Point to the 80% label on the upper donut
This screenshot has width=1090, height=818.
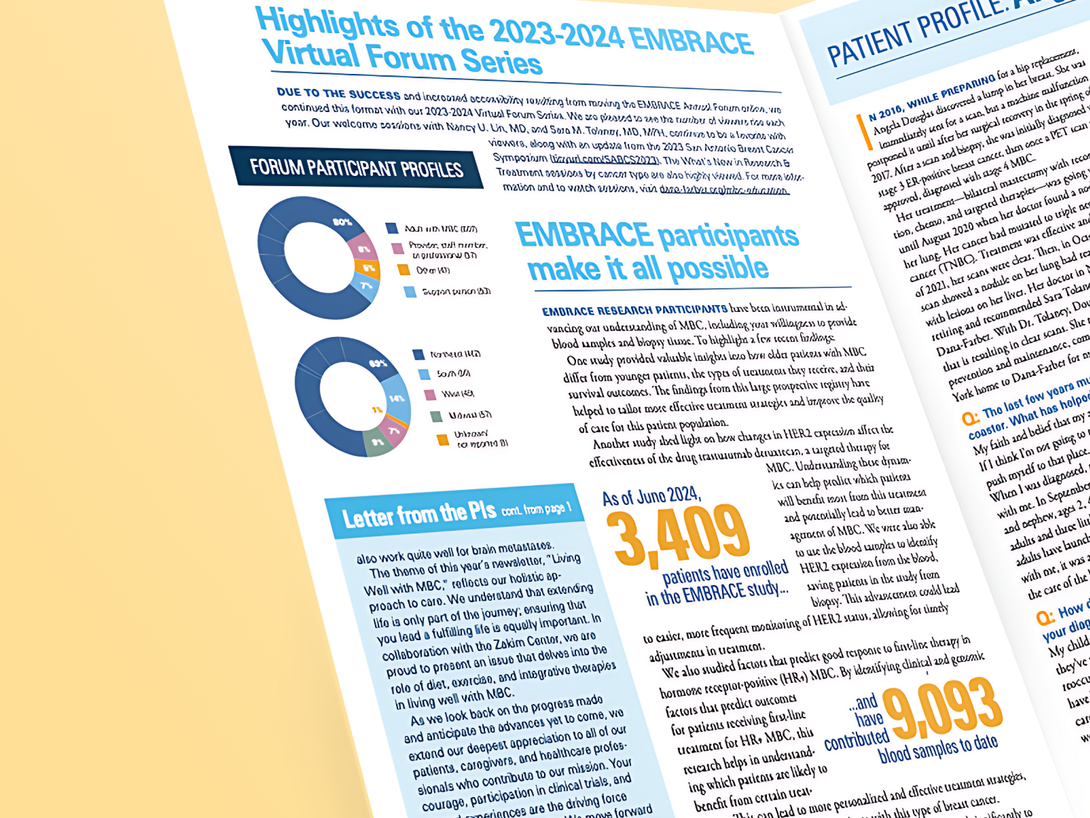coord(342,222)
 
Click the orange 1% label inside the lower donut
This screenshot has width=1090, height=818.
coord(376,410)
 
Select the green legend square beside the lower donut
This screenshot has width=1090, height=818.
coord(436,416)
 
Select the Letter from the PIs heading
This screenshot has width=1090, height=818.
coord(419,515)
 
